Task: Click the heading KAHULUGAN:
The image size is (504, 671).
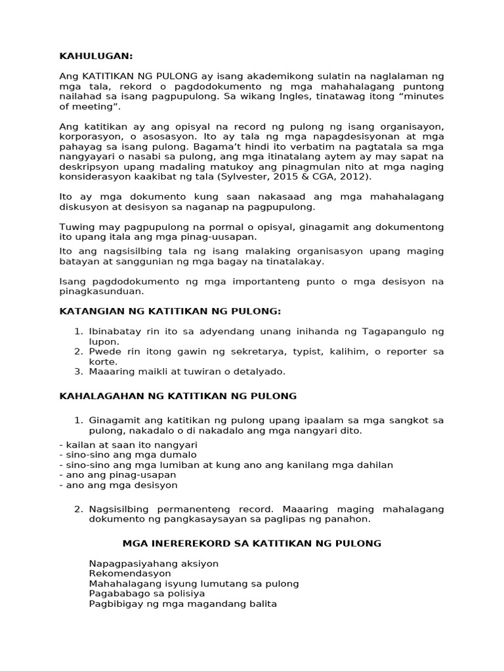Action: pos(96,56)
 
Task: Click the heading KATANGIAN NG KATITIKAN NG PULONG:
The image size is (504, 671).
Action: pos(170,311)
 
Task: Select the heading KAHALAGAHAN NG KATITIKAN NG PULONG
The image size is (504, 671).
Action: pos(178,396)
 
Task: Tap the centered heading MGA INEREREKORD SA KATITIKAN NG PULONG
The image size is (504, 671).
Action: pos(252,543)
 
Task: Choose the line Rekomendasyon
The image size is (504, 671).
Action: pos(125,573)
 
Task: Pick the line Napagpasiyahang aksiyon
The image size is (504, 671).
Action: pos(154,564)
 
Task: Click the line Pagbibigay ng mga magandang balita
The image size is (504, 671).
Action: pos(182,604)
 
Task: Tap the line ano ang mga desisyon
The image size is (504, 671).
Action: pos(118,486)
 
